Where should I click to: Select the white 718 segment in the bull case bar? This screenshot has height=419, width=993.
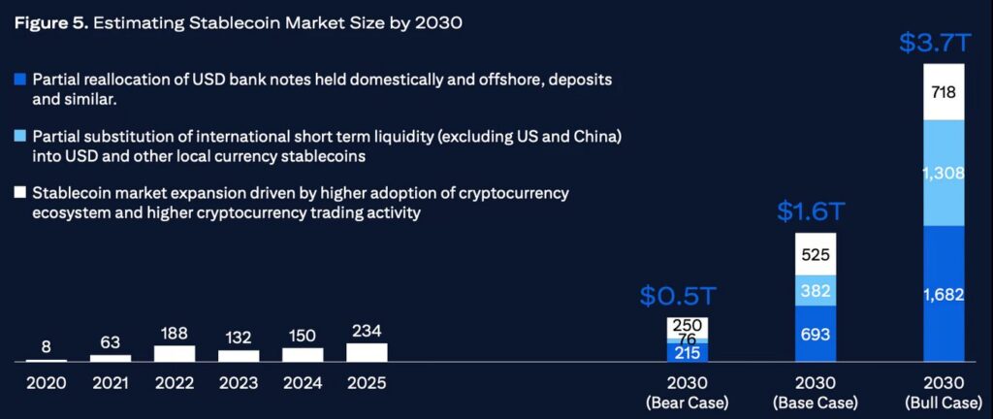tap(944, 92)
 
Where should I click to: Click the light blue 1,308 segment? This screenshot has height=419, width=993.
tap(944, 173)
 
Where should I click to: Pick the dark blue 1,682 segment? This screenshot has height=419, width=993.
tap(944, 294)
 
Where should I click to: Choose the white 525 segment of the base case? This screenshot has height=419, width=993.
tap(816, 254)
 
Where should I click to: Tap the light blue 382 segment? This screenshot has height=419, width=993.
tap(816, 291)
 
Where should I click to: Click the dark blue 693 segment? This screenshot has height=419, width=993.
tap(816, 334)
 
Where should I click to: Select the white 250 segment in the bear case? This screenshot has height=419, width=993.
tap(686, 325)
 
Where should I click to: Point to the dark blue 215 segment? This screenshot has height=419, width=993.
tap(686, 353)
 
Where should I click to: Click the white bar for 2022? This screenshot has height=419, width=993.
tap(175, 354)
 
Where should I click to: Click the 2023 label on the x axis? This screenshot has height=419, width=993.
tap(239, 383)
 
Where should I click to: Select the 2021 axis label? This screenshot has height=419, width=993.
tap(111, 383)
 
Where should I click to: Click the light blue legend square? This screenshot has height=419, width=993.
tap(20, 137)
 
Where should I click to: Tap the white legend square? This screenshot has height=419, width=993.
tap(20, 193)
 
